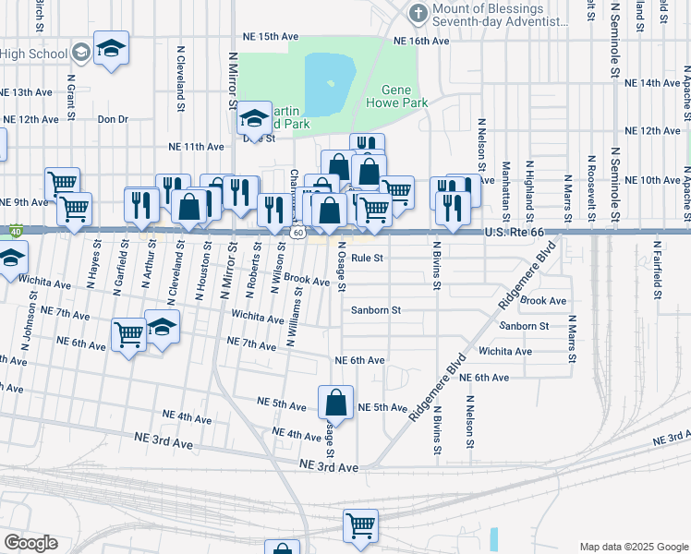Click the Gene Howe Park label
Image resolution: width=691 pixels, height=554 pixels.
coord(405,96)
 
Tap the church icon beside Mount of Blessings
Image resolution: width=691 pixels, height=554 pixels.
coord(418,13)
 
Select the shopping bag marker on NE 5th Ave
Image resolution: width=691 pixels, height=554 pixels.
coord(336,403)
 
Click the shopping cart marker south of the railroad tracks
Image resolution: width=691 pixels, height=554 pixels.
coord(360,525)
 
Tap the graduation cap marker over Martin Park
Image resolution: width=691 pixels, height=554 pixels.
coord(253,118)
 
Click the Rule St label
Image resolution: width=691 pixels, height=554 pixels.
coord(367,259)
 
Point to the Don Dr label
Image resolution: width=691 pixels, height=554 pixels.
coord(112,119)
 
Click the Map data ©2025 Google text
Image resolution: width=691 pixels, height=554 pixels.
coord(633,547)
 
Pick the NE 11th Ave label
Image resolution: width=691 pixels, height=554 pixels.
coord(196,147)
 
